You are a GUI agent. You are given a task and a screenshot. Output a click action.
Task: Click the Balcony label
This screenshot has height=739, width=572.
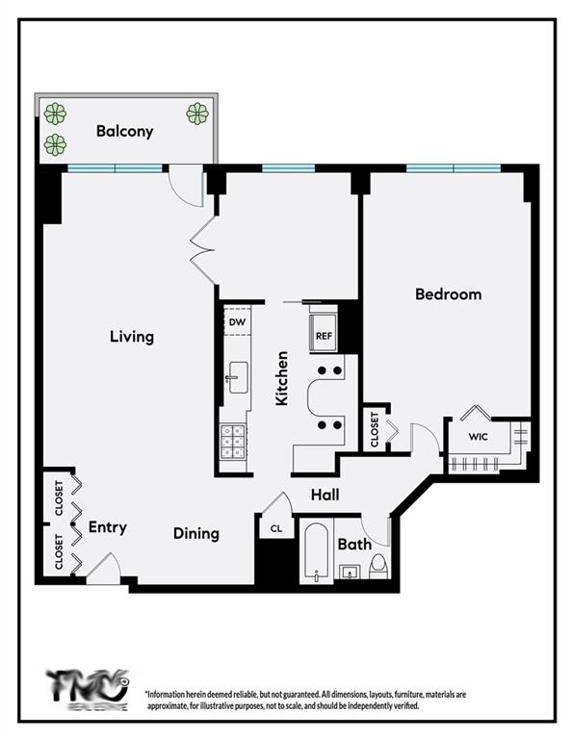click(124, 132)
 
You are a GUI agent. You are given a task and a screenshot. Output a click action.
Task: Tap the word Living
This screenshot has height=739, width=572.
click(132, 337)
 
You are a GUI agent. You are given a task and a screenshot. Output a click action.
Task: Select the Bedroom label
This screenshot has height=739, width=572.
click(448, 293)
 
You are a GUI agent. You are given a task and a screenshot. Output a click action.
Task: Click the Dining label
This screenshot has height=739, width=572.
click(196, 533)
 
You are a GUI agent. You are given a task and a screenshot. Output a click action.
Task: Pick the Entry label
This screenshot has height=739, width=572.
click(107, 527)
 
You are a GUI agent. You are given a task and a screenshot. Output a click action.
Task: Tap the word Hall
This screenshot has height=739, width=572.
click(324, 496)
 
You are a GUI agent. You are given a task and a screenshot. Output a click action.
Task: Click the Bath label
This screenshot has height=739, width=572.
click(354, 545)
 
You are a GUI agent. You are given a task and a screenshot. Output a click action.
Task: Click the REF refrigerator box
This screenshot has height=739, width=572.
click(323, 336)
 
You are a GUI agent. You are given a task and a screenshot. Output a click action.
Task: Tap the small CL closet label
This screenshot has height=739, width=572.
click(275, 528)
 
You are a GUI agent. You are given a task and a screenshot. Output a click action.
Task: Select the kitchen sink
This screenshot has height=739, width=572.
click(237, 375)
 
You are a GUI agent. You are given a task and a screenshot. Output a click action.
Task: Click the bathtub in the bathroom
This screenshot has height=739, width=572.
click(316, 552)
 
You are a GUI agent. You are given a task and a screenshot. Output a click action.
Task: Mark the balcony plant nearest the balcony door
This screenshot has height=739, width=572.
click(197, 113)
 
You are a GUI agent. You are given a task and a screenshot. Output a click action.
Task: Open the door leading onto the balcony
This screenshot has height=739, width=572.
click(186, 185)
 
